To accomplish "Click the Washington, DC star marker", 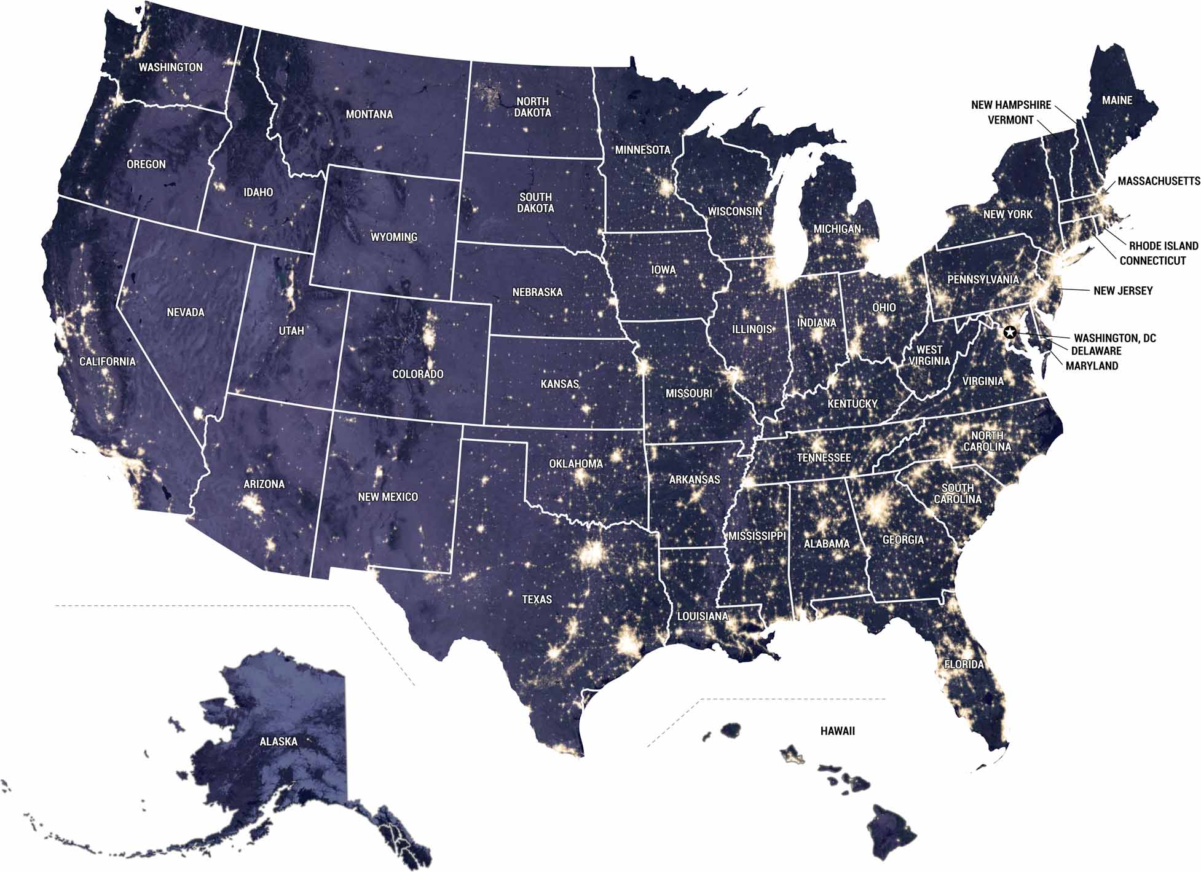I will (1009, 332).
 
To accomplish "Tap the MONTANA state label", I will (369, 114).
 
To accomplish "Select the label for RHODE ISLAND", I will (1164, 246).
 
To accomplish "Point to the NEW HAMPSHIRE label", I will (1011, 105).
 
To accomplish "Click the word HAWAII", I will (837, 731).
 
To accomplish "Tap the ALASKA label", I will (278, 742).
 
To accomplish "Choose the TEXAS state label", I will (537, 599).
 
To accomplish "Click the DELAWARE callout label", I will (1096, 351).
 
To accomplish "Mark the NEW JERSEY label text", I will (1123, 291).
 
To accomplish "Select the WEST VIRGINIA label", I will (929, 356).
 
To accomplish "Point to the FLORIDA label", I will (964, 664).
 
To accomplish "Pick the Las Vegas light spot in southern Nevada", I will (199, 413).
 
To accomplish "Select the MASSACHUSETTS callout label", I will (1159, 181).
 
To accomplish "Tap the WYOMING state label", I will (394, 237).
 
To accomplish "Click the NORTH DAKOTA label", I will (532, 107).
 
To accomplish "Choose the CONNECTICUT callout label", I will (1152, 261).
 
